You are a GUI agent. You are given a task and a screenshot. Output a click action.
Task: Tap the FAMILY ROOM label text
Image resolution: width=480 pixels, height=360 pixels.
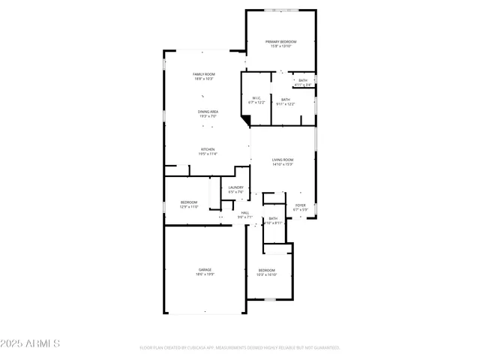click(x=204, y=74)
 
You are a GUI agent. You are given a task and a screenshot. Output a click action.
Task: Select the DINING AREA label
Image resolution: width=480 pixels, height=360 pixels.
click(x=208, y=112)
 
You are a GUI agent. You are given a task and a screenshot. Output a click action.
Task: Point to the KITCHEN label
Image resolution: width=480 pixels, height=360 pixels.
click(x=208, y=149)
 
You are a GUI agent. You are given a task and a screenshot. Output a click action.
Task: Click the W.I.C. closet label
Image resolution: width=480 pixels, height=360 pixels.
click(x=256, y=97)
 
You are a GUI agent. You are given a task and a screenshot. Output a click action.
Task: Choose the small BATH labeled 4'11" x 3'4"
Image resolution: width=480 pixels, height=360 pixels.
click(x=303, y=80)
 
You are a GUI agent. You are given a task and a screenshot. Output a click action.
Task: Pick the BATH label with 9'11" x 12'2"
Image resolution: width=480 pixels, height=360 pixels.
click(x=286, y=99)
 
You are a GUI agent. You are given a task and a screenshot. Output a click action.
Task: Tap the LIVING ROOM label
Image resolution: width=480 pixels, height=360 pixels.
click(x=283, y=160)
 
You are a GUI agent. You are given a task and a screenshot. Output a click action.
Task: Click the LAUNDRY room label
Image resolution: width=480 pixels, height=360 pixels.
click(x=236, y=187)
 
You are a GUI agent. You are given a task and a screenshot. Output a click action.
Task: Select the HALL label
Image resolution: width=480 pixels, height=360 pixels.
click(x=244, y=212)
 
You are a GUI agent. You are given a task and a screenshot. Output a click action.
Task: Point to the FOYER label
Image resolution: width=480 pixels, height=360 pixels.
click(x=300, y=205)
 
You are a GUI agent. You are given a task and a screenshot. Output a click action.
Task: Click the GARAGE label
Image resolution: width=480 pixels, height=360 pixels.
click(x=205, y=269)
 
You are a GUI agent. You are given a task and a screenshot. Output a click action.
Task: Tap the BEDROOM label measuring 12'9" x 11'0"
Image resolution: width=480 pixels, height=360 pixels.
click(x=189, y=202)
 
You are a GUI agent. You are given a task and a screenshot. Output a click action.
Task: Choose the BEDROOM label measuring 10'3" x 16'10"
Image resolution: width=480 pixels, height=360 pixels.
click(x=267, y=270)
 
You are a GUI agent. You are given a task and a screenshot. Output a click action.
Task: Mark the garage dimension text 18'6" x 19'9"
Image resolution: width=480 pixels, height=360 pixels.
click(x=205, y=274)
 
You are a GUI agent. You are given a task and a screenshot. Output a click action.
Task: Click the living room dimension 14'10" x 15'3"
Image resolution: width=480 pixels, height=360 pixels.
click(x=283, y=164)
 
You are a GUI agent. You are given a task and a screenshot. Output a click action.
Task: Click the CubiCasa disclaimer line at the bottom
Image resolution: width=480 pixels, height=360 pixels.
click(x=240, y=347)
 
